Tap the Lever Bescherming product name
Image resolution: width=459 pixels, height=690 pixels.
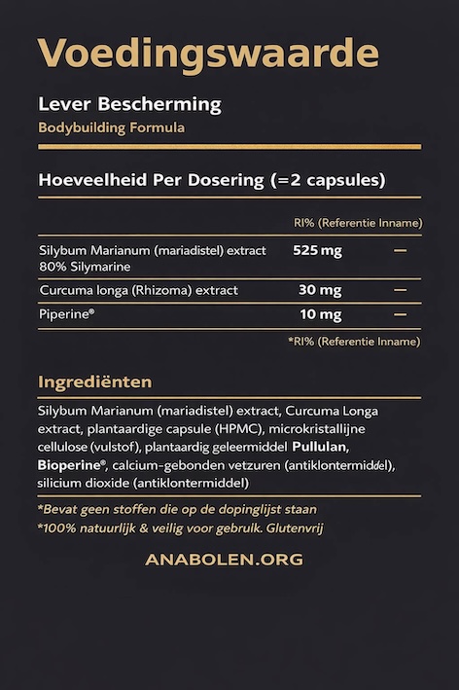tap(129, 104)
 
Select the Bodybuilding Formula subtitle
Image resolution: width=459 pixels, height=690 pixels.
tap(111, 127)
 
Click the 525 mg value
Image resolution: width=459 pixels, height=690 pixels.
tap(317, 250)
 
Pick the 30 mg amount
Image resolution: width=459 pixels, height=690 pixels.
tap(320, 290)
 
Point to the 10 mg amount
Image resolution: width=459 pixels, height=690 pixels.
tap(320, 314)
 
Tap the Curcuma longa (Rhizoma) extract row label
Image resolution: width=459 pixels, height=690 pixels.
tap(138, 290)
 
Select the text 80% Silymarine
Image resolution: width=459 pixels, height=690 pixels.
tap(85, 266)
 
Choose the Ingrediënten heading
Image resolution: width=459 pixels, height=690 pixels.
tap(94, 381)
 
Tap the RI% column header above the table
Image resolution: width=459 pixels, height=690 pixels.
tap(357, 223)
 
